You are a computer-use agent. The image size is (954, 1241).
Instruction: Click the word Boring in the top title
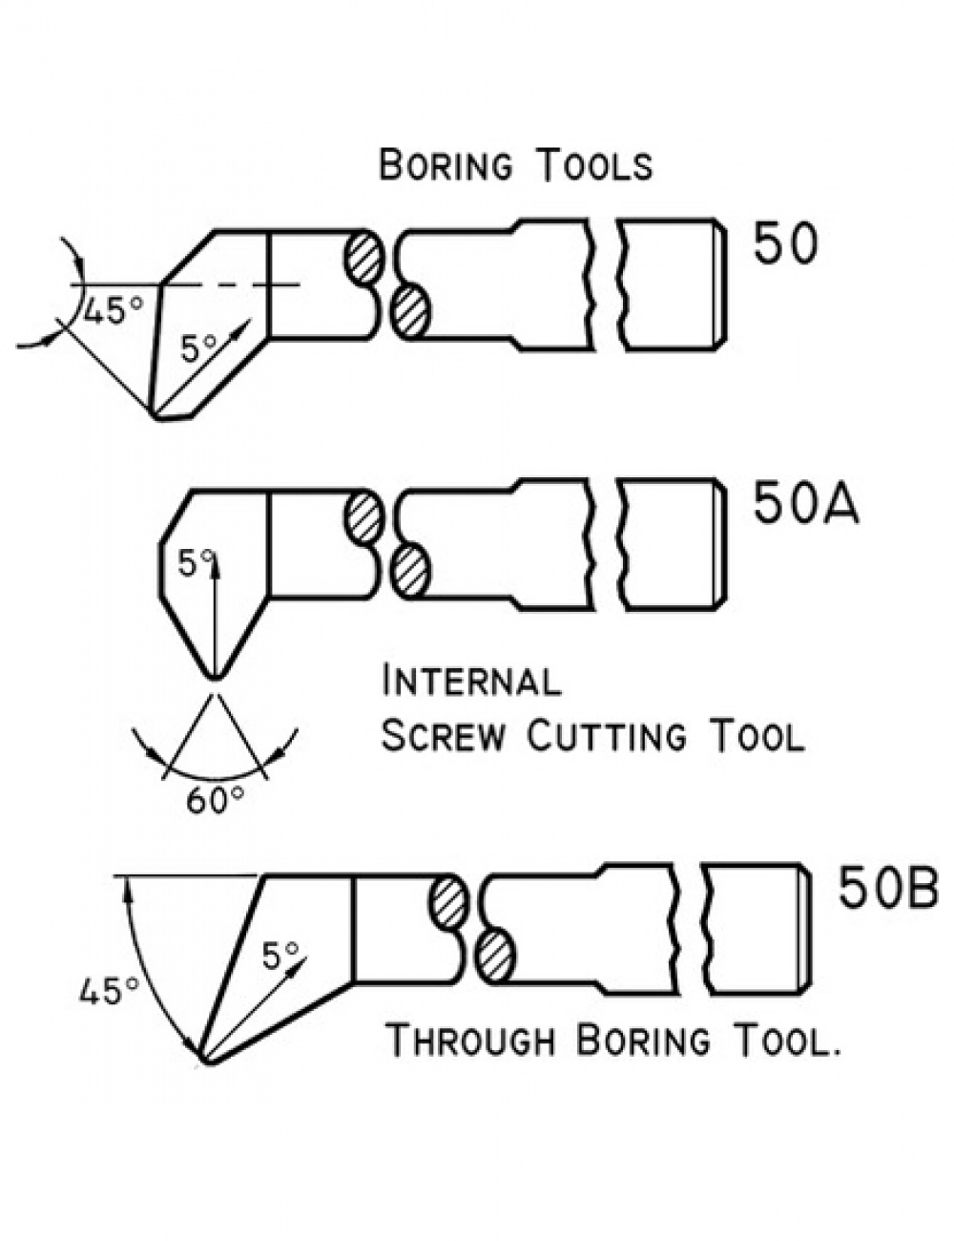(446, 166)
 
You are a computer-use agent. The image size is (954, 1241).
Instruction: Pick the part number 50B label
(887, 888)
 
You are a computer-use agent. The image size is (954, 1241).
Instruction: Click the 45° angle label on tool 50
(113, 310)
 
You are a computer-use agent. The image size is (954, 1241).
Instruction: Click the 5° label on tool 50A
(195, 563)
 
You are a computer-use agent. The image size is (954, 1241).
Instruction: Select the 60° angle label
(215, 800)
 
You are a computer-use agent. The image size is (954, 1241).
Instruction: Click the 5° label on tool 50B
(280, 955)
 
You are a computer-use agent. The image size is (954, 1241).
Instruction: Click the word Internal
(471, 682)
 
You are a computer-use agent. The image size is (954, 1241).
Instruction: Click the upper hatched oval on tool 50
(364, 256)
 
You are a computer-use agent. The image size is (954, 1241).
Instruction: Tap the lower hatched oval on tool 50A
(411, 571)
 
